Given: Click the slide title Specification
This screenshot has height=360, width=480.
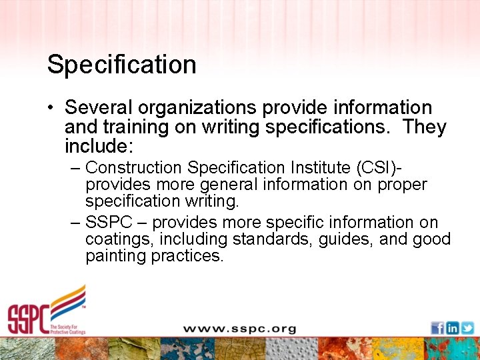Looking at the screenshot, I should tap(121, 65).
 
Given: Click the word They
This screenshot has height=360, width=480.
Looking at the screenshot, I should tap(424, 127).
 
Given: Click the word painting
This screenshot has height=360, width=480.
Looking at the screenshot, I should tap(115, 255).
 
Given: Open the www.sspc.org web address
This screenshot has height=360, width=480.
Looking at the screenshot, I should tap(239, 329).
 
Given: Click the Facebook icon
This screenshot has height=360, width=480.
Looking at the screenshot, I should tap(437, 328).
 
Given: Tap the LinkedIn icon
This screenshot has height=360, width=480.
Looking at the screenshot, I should tap(452, 328).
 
